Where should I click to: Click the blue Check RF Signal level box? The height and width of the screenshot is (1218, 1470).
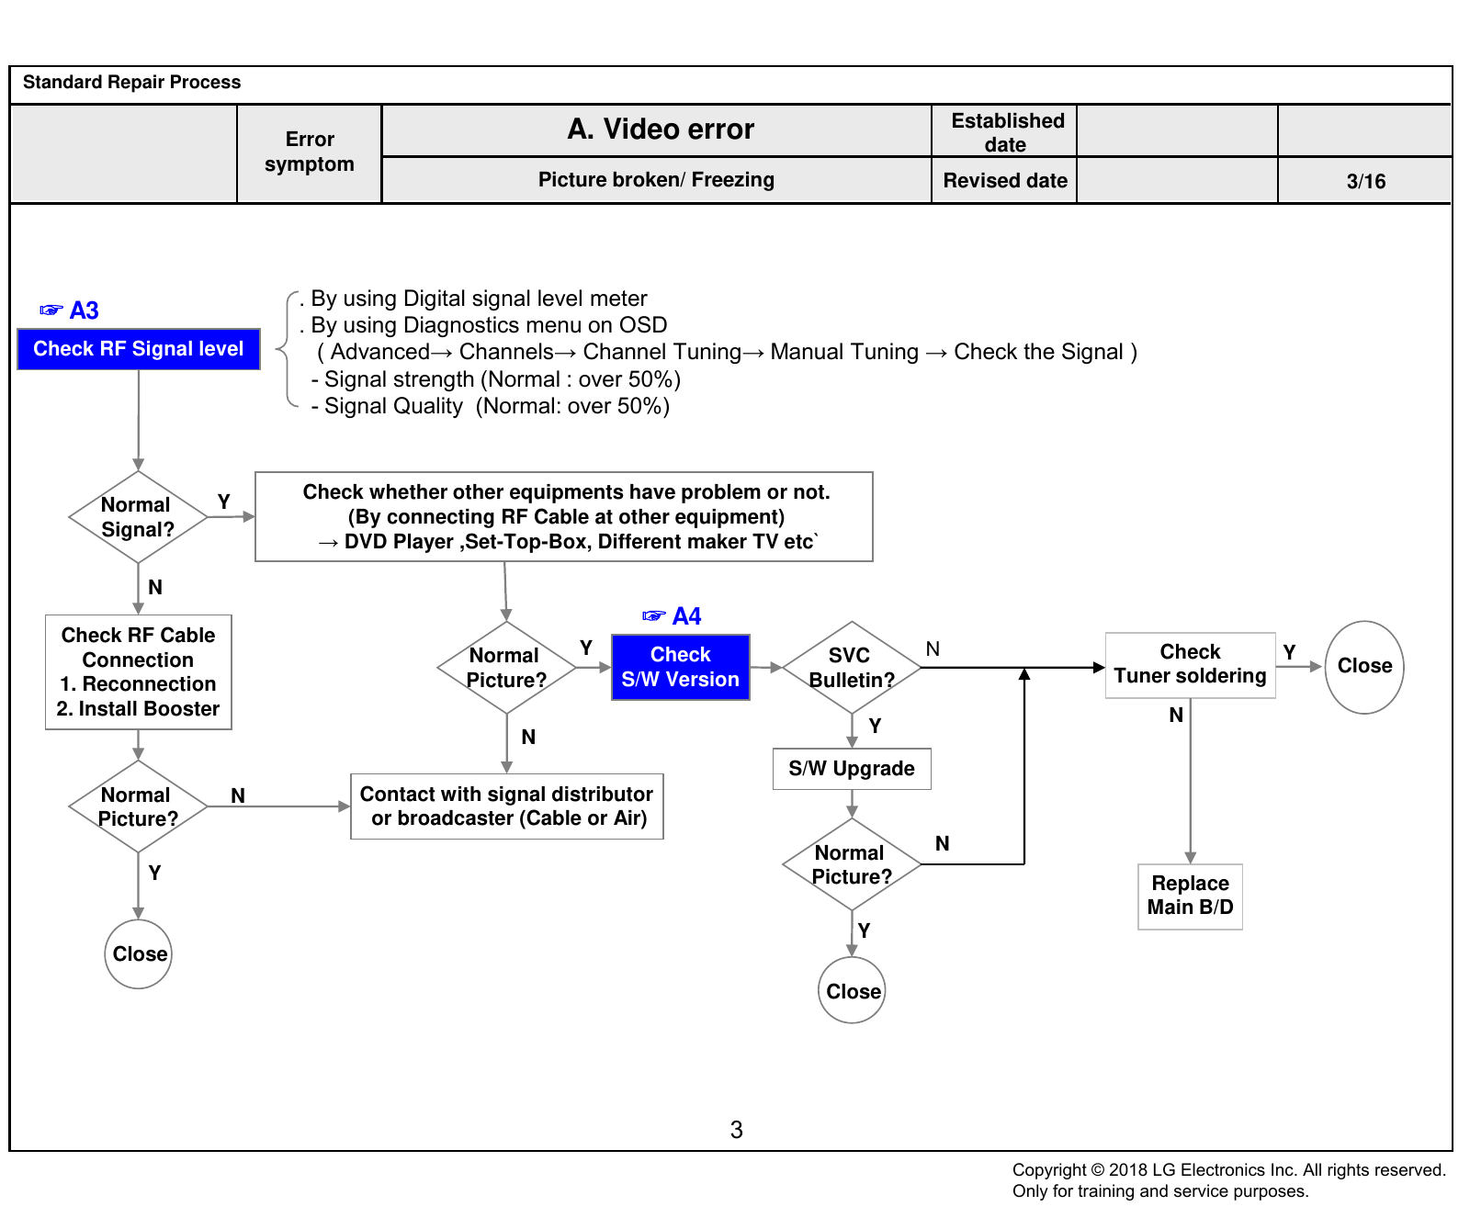coord(139,349)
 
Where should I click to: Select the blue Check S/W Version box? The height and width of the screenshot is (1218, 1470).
coord(681,667)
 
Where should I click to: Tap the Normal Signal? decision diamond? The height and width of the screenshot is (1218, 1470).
coord(138,517)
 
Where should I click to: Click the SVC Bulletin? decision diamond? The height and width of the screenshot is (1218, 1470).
coord(852,668)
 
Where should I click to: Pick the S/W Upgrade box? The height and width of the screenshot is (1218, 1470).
coord(852,769)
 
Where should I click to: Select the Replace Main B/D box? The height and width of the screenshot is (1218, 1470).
coord(1191,897)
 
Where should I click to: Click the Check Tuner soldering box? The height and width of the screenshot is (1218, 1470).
coord(1191,665)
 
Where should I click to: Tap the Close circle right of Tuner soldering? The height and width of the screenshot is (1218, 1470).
coord(1364,667)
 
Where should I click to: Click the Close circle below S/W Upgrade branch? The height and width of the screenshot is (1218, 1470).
coord(853,990)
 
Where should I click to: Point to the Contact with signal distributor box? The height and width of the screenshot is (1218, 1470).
coord(507,806)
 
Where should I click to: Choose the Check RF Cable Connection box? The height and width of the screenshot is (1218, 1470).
coord(139,672)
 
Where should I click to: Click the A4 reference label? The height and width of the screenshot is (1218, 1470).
coord(673,616)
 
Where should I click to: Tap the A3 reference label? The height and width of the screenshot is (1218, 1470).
coord(70,310)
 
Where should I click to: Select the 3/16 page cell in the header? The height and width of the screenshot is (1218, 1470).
coord(1365,181)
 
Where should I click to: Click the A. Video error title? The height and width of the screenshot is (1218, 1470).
coord(661,130)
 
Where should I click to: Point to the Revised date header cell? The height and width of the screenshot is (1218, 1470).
coord(1005,181)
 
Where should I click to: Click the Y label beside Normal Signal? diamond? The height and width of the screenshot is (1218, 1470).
coord(223,502)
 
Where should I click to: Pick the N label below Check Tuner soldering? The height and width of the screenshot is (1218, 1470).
coord(1176,716)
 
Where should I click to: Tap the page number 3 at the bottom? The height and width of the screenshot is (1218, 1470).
coord(736,1130)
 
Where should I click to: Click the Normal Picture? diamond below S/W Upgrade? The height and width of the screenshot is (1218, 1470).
coord(852,865)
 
